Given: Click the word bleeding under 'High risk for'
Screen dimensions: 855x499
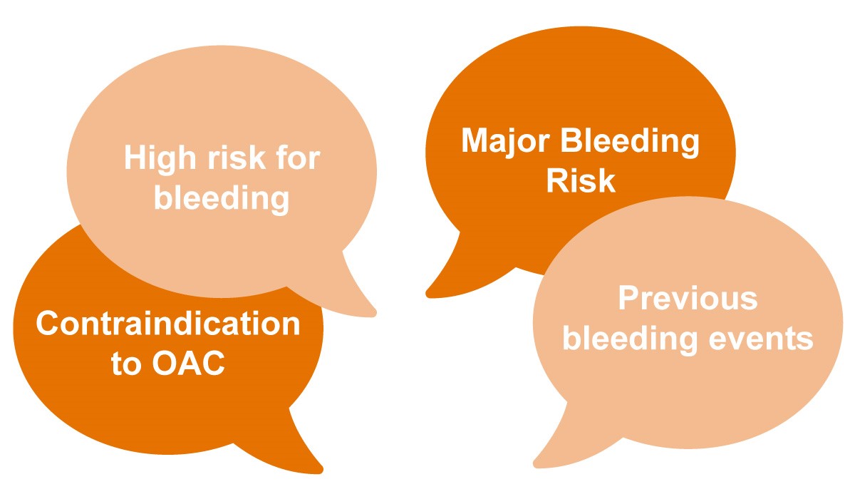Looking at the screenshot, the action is point(222,200).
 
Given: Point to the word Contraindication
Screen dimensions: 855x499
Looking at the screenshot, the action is point(168,323).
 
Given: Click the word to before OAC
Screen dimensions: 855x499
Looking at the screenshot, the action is point(126,363).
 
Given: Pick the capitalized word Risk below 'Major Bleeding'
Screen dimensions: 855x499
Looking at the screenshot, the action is point(581,180).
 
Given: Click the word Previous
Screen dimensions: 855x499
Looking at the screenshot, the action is point(688,298).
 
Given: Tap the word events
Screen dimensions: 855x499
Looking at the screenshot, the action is point(761,339).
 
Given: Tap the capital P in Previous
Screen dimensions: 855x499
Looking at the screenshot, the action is point(629,298).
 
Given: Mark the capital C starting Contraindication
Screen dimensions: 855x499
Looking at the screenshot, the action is point(47,323).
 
